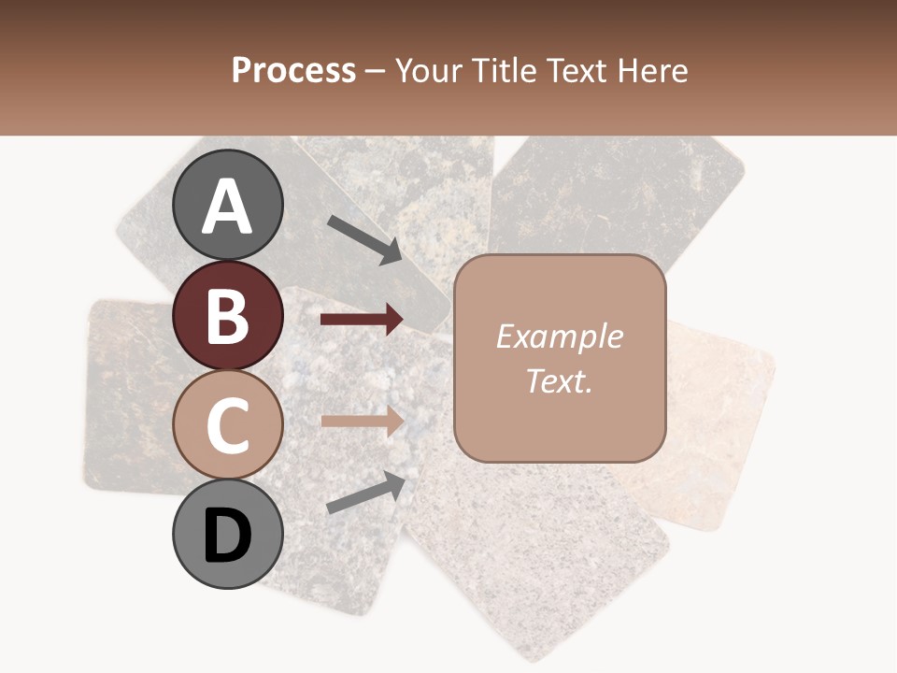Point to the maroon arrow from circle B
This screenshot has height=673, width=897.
362,320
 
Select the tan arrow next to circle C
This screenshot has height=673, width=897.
362,421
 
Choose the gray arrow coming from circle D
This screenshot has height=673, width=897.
365,494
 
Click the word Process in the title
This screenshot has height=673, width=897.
293,71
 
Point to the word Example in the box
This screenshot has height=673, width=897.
560,336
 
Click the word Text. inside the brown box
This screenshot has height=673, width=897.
560,380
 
